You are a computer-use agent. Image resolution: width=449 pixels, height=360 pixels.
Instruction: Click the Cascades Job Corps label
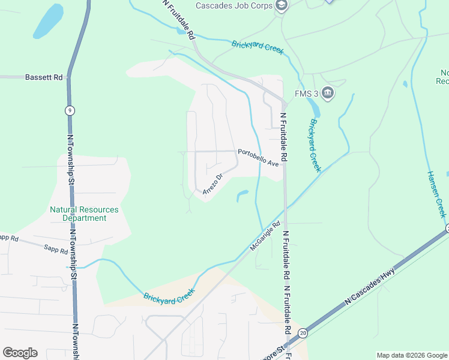coord(234,6)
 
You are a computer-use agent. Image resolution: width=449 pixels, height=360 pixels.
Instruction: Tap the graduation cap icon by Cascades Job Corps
coord(281,6)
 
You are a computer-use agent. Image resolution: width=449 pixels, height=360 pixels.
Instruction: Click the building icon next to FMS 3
coord(327,93)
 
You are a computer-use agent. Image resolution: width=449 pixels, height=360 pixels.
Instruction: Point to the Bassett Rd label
coord(44,77)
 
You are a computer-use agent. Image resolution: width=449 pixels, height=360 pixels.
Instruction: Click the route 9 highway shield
coord(70,110)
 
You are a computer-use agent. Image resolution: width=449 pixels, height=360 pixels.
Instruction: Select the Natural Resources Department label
coord(84,214)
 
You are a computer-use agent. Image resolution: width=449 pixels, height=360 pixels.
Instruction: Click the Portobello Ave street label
coord(258,157)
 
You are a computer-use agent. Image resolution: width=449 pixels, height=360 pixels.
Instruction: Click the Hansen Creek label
coord(437,193)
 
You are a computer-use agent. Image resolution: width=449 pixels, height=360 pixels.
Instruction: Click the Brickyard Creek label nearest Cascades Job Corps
coord(257,47)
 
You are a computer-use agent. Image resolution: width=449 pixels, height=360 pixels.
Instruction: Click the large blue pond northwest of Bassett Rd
coord(48,22)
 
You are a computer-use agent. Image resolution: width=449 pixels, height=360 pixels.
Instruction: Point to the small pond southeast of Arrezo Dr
coord(243,195)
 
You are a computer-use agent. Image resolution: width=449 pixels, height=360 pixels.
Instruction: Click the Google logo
coord(20,353)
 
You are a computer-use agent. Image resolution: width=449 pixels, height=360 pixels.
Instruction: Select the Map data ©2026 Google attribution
coord(411,355)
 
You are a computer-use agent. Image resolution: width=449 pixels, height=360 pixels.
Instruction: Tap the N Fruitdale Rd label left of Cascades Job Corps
coord(179,20)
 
